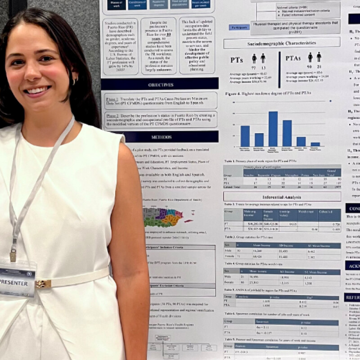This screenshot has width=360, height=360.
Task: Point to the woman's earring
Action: [75, 81]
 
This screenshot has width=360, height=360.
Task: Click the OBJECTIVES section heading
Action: [161, 85]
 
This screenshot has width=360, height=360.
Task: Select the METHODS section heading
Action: [161, 136]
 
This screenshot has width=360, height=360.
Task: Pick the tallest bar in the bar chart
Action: [273, 129]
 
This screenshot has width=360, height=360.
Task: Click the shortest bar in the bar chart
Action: [315, 144]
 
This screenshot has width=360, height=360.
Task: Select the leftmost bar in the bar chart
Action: [245, 136]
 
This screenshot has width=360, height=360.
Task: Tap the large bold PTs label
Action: [238, 60]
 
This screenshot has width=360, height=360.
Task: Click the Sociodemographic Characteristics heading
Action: [282, 43]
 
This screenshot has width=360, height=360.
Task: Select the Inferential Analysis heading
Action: [281, 196]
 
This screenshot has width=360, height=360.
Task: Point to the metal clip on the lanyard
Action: [13, 255]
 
